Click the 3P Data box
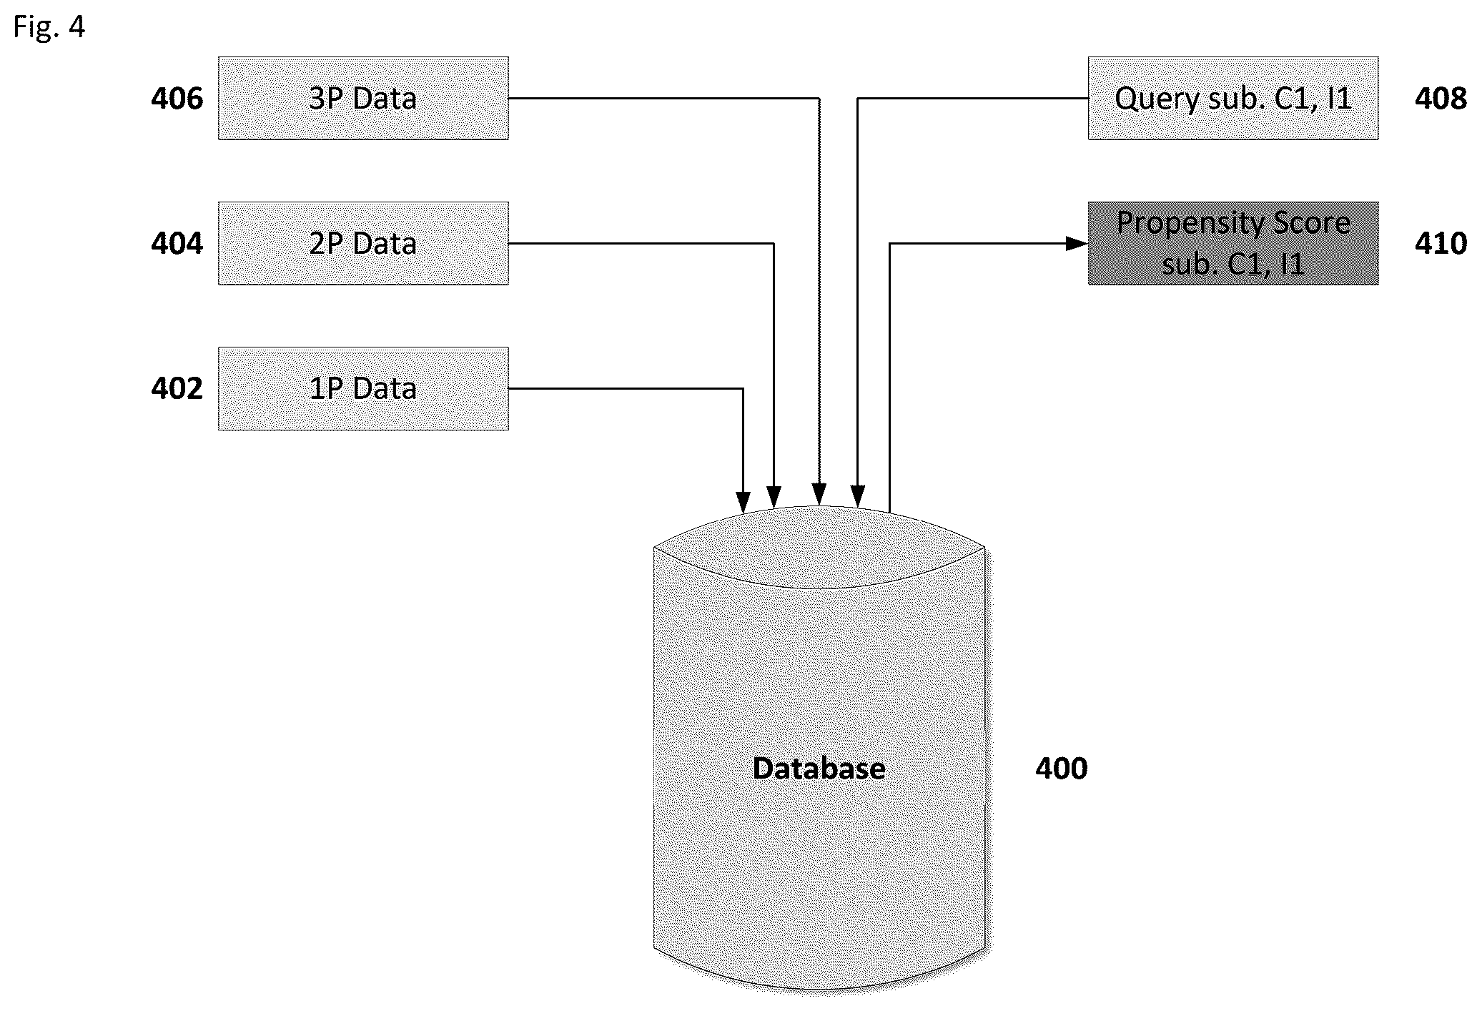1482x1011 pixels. coord(363,98)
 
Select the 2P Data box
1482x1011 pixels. coord(363,243)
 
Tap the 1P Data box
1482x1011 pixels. coord(363,388)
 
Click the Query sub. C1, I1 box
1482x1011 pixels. coord(1233,98)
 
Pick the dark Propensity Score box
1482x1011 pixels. coord(1233,243)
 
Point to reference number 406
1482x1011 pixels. coord(177,98)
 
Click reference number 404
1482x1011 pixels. coord(177,243)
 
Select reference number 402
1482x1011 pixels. coord(177,388)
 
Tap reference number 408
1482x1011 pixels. coord(1441,98)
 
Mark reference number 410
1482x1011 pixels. coord(1441,243)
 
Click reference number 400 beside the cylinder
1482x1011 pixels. coord(1061,768)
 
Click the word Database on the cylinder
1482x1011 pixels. coord(819,768)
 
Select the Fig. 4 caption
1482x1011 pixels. coord(49,27)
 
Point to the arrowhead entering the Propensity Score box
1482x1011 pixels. coord(1077,244)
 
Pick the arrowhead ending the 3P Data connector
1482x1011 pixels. coord(819,494)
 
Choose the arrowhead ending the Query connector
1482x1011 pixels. coord(858,496)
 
